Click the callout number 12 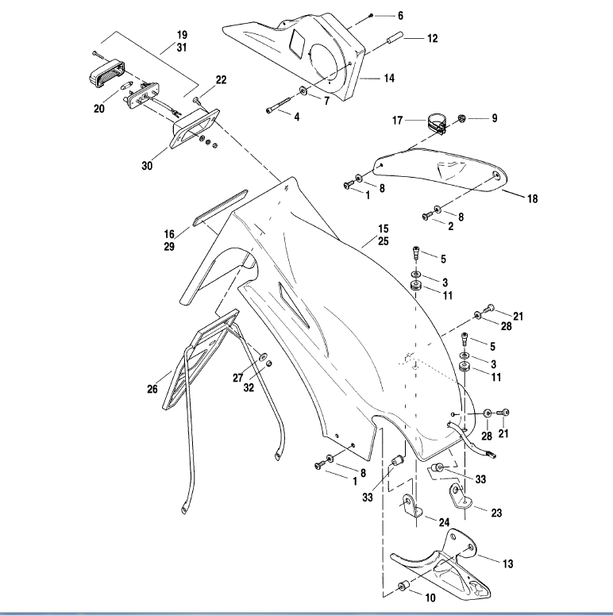tap(432, 37)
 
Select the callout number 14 tap(389, 79)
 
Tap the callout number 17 tap(399, 121)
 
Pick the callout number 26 tap(152, 389)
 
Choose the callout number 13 tap(507, 563)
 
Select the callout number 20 tap(99, 109)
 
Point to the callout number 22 tap(221, 79)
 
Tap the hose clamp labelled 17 tap(434, 124)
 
